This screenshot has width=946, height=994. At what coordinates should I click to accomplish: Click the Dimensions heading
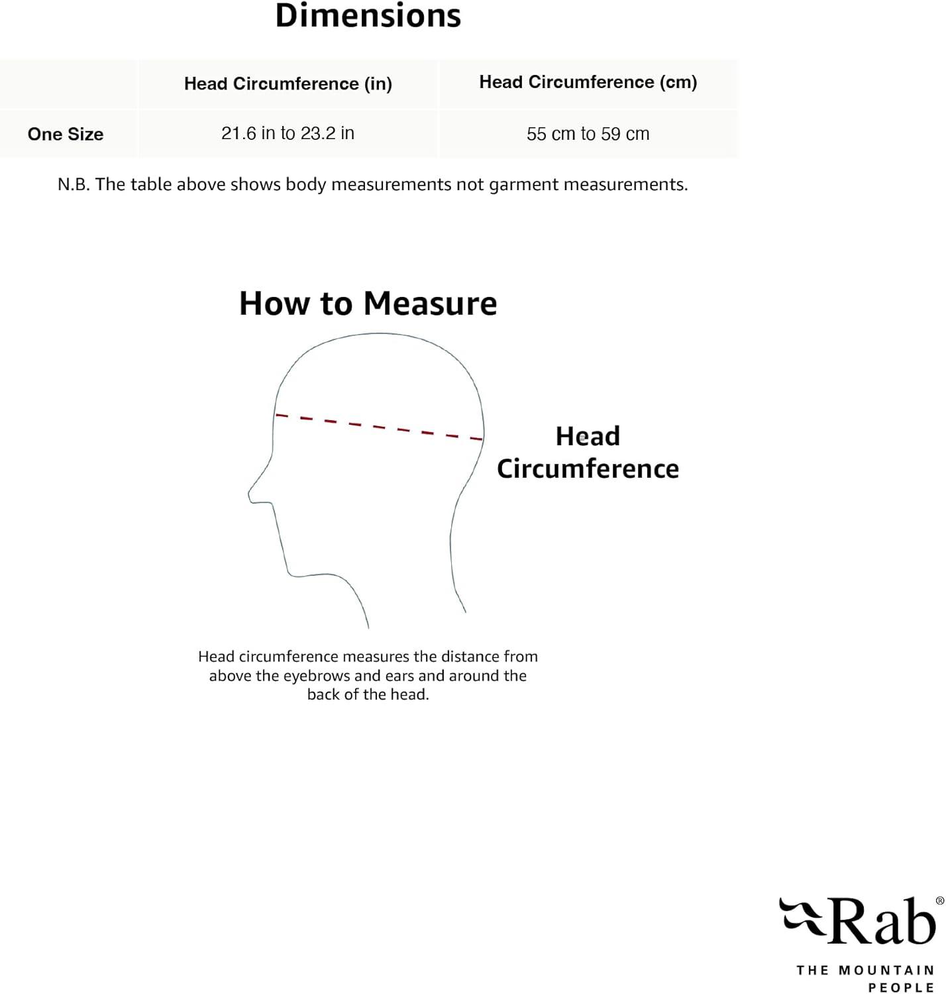368,16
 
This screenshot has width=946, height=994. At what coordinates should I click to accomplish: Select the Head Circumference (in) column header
288,84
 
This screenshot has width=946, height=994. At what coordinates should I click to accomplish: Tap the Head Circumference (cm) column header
588,82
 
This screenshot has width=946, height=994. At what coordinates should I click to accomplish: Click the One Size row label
66,134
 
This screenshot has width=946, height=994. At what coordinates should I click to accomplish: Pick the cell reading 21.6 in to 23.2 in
288,133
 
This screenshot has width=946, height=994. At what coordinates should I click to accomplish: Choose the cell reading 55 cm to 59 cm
588,134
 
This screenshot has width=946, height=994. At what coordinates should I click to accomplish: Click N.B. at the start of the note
73,184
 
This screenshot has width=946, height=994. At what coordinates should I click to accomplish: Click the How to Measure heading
368,304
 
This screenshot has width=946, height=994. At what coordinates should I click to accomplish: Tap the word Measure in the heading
430,304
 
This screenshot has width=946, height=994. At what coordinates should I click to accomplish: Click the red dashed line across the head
379,427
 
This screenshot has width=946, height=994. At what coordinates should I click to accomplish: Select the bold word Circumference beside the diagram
588,469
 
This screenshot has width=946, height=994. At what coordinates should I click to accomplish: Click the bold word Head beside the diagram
588,436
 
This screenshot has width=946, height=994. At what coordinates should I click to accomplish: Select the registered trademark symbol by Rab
939,901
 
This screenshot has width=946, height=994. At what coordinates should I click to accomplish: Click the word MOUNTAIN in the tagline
886,970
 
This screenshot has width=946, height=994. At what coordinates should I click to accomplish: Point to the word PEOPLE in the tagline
901,987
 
